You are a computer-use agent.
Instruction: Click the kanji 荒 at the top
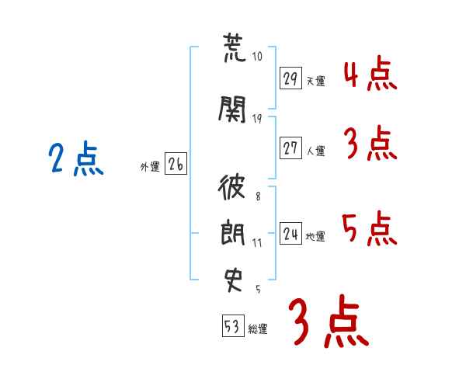point(235,47)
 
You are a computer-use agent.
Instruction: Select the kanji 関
point(232,109)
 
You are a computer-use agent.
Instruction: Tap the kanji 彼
point(231,186)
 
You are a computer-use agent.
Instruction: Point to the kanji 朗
point(233,232)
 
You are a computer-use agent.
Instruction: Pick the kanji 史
point(233,280)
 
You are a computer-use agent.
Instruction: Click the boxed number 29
point(290,78)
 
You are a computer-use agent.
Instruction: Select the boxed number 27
point(290,148)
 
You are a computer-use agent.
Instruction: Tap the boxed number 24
point(290,233)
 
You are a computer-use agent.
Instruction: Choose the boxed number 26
point(176,164)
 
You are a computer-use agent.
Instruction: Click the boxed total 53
point(233,325)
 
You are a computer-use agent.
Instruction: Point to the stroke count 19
point(257,119)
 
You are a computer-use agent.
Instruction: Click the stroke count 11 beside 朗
point(257,243)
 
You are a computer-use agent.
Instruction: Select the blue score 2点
point(76,158)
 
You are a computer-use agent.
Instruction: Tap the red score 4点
point(370,74)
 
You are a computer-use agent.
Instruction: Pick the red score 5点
point(370,228)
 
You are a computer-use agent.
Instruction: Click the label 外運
point(150,167)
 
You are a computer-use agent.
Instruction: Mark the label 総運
point(258,329)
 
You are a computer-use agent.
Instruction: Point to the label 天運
point(315,81)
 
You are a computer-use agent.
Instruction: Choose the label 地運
point(315,237)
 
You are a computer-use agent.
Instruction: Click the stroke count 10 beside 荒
point(257,57)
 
